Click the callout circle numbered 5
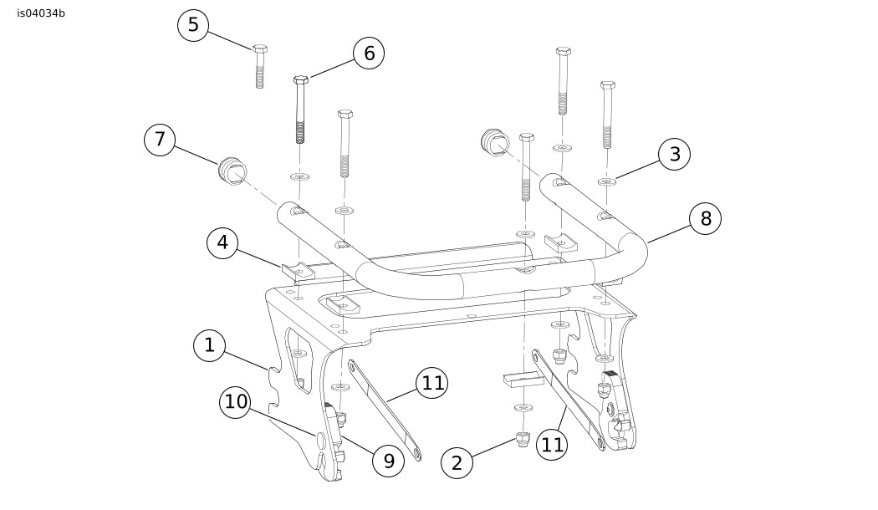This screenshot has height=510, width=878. coord(193,25)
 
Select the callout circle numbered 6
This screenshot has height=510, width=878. coord(369,54)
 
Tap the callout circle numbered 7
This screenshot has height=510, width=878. coord(161,140)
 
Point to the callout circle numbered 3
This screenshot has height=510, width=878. coord(675,154)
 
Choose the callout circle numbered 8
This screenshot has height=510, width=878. coord(706,218)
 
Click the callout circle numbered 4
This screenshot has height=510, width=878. coord(223,243)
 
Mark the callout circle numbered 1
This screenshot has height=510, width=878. coord(209,344)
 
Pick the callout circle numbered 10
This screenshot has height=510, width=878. coord(235,402)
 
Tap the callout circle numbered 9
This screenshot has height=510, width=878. coord(389,462)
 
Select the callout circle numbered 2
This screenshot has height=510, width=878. coord(457,463)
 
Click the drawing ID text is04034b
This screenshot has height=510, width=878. coord(41,13)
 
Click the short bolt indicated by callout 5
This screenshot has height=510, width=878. coord(259,65)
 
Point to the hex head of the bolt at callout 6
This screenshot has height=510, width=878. coord(301,80)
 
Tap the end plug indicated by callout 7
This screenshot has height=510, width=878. coord(232,171)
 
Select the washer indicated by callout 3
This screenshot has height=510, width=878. coord(606,181)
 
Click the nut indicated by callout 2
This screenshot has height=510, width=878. coord(523,440)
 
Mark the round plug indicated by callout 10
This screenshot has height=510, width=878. coord(321,440)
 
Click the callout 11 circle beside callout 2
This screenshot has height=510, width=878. coord(552,445)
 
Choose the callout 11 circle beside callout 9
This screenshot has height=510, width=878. coord(431,384)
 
